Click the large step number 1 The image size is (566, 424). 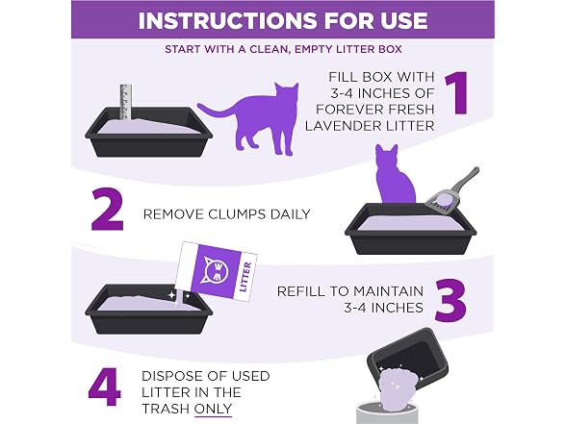[457, 93]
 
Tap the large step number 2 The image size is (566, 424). [107, 209]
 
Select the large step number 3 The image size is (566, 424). [450, 300]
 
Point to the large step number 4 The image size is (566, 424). [104, 387]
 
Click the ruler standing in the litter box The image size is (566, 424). [125, 102]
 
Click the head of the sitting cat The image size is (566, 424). [387, 156]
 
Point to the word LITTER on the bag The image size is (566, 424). [245, 277]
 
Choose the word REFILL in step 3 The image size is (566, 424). [301, 291]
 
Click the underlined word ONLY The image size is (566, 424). [213, 409]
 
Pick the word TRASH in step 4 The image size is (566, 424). [166, 409]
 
